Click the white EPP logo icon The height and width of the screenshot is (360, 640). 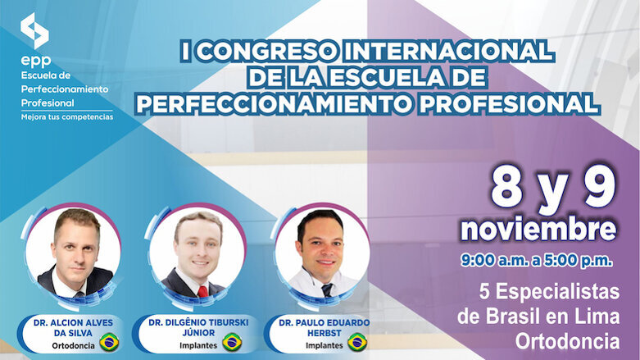coord(34,30)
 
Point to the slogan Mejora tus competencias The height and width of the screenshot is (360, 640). coord(67,116)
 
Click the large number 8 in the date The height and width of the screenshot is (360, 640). coord(508,189)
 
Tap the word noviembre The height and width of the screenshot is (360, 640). coord(538,227)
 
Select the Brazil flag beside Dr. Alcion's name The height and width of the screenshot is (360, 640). coord(108,341)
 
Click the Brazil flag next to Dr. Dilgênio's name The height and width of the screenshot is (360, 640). coord(232,341)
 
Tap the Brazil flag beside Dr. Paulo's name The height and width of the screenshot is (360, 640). coord(357,341)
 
